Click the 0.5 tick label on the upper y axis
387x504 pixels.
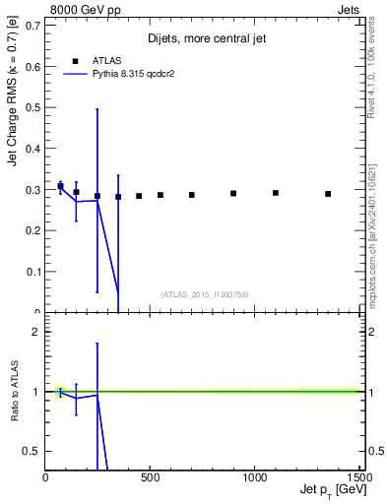(x=33, y=106)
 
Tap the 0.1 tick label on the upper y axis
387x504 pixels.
(x=33, y=271)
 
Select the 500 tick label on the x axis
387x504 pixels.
(x=150, y=478)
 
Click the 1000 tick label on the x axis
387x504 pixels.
(x=254, y=478)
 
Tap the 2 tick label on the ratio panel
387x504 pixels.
(x=35, y=332)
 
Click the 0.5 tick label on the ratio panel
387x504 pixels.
(x=32, y=451)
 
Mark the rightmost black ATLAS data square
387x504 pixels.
(x=328, y=194)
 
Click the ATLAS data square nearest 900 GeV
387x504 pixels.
(x=233, y=193)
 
